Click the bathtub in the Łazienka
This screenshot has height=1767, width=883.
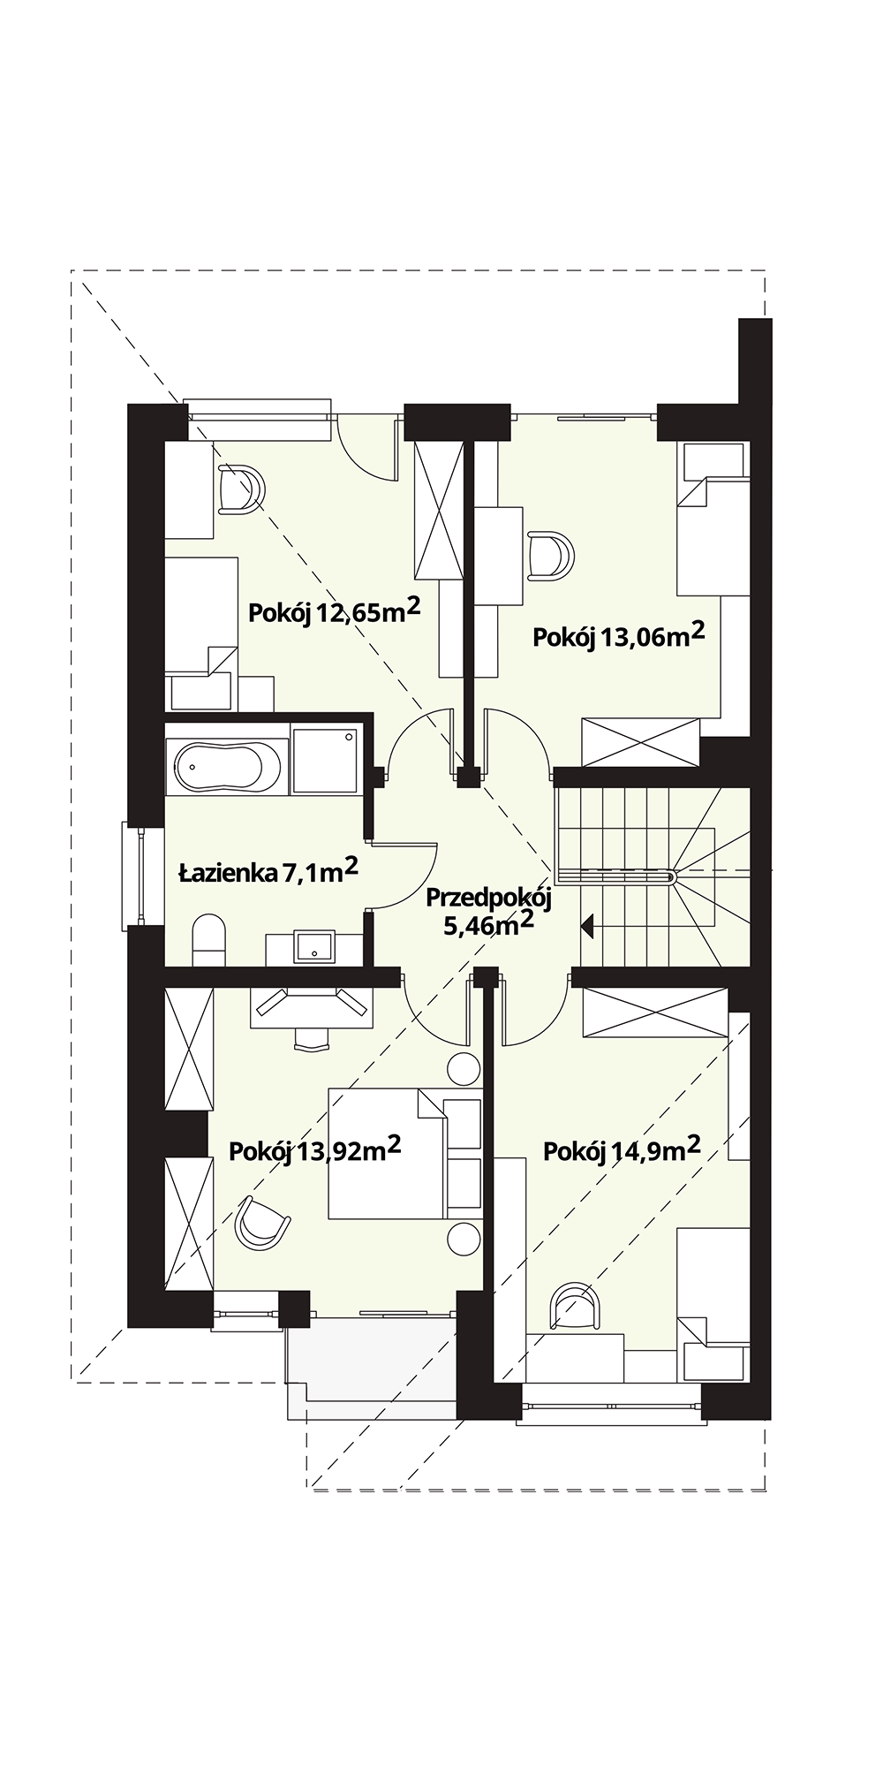coord(228,766)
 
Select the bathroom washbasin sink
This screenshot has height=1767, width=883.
coord(314,946)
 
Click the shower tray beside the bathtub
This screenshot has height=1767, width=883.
coord(325,760)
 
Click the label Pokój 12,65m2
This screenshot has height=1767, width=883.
coord(334,610)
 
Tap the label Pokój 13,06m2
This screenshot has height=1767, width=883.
coord(619,634)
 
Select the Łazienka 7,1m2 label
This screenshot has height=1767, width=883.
coord(268,872)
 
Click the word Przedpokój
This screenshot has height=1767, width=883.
coord(488,899)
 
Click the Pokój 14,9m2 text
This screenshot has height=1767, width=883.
coord(622,1149)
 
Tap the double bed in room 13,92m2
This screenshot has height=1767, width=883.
coord(405,1154)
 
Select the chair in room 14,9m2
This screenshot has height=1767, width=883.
coord(574,1306)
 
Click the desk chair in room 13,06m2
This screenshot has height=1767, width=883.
coord(551,556)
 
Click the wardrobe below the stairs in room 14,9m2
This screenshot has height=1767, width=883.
coord(655,1012)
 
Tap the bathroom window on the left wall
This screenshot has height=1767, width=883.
coord(132,876)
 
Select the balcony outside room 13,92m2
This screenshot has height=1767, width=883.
coord(371,1368)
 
